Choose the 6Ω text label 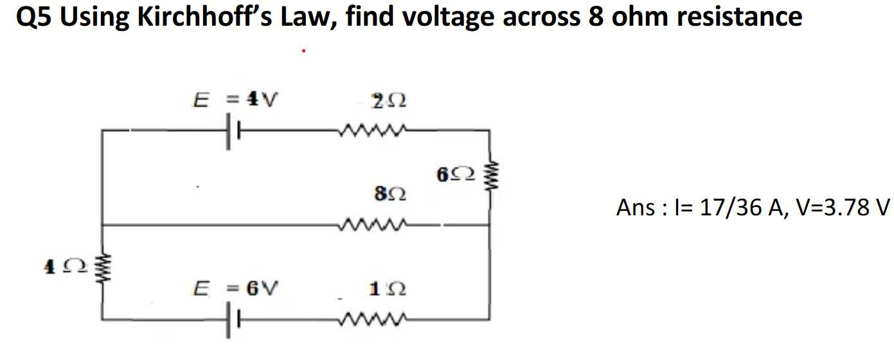coord(456,174)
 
